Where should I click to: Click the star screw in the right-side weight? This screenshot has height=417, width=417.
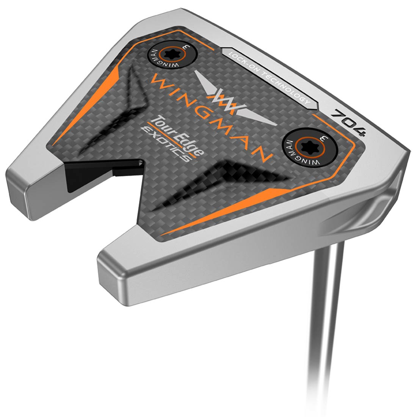click(305, 145)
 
